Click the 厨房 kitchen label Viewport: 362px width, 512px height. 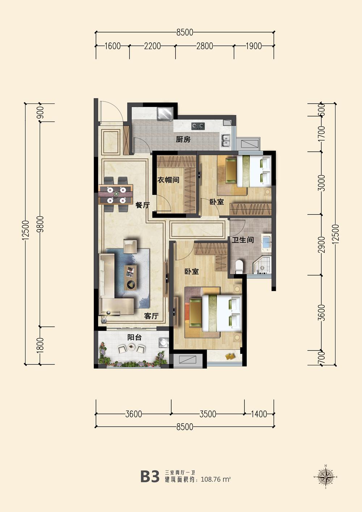pyautogui.click(x=183, y=139)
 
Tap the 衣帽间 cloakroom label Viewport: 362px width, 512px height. pyautogui.click(x=168, y=180)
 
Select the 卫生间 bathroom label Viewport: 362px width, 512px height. pyautogui.click(x=243, y=240)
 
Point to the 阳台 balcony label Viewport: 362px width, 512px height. pyautogui.click(x=134, y=337)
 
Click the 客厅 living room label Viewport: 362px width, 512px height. pyautogui.click(x=151, y=316)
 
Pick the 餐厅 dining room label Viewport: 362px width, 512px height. pyautogui.click(x=143, y=205)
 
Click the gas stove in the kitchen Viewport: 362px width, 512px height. pyautogui.click(x=198, y=126)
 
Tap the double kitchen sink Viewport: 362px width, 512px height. pyautogui.click(x=226, y=140)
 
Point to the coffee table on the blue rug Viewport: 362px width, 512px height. pyautogui.click(x=130, y=277)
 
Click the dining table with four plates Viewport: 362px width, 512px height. pyautogui.click(x=116, y=195)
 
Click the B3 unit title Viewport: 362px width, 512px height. pyautogui.click(x=150, y=477)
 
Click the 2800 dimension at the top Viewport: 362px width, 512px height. pyautogui.click(x=205, y=46)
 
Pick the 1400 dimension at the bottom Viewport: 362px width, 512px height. pyautogui.click(x=259, y=414)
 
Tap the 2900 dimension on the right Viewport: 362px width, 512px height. pyautogui.click(x=321, y=245)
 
